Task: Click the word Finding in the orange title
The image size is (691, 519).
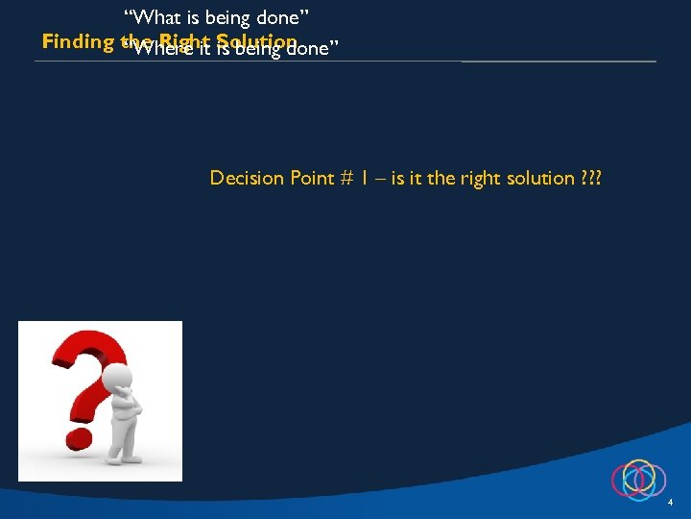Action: [x=80, y=42]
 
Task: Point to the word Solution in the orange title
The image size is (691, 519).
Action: [x=256, y=42]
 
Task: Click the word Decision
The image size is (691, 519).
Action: [x=247, y=178]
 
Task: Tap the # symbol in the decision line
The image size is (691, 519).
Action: [x=347, y=179]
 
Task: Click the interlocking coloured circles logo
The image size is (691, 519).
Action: [x=638, y=479]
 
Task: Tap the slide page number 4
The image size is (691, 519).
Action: [x=671, y=503]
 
